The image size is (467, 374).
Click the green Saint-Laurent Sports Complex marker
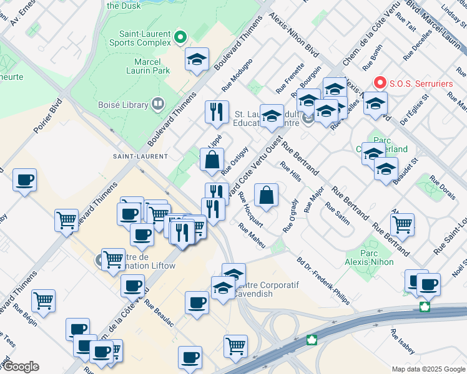180,37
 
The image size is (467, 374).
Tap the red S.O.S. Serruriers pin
380,82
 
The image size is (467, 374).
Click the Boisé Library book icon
157,104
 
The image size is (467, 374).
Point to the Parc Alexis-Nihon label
369,261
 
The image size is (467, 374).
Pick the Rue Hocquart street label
250,209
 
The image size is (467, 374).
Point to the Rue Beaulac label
158,314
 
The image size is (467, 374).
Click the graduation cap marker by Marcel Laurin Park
197,59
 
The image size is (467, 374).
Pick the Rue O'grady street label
291,215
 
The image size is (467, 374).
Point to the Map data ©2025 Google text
428,369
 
